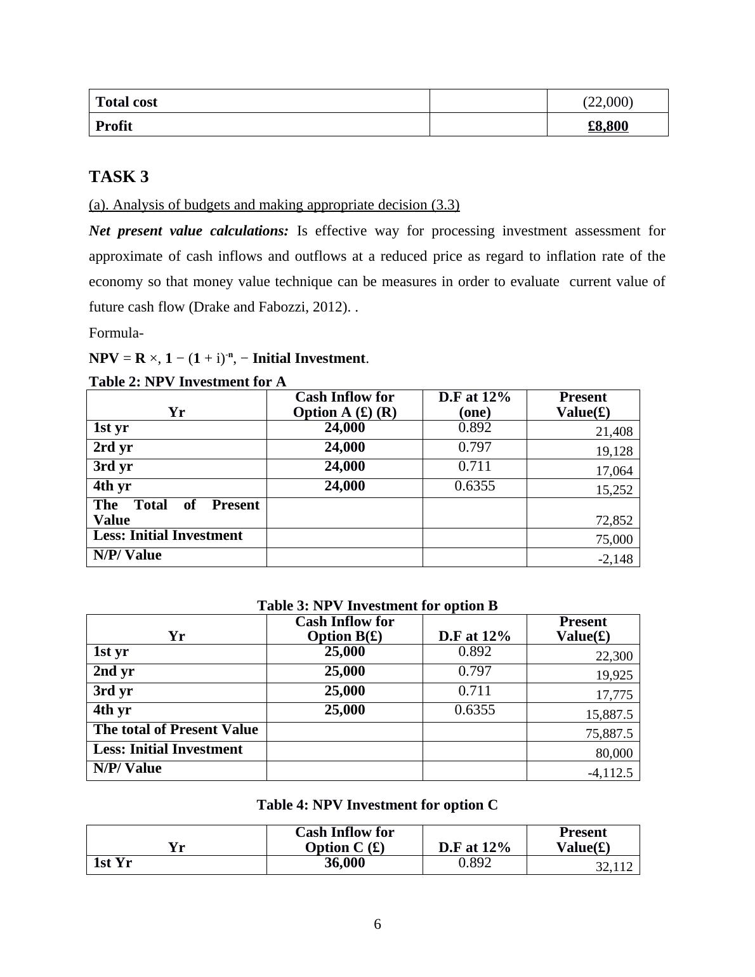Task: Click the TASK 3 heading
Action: (119, 177)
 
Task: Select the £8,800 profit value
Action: (608, 126)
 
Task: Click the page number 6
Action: (377, 924)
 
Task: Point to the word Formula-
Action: (116, 333)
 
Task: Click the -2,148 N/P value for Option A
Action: (615, 559)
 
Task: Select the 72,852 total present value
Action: (614, 520)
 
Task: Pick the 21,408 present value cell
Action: (614, 432)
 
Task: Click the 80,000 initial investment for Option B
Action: (614, 753)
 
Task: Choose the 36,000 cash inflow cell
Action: (345, 863)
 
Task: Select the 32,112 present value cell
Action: (614, 867)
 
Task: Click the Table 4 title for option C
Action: (377, 805)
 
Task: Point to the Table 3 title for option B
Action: (377, 606)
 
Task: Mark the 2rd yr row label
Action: (113, 447)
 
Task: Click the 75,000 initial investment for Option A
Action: (614, 539)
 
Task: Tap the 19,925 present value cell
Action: (614, 675)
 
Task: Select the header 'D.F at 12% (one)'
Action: (475, 405)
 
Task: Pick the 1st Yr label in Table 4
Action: (113, 863)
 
